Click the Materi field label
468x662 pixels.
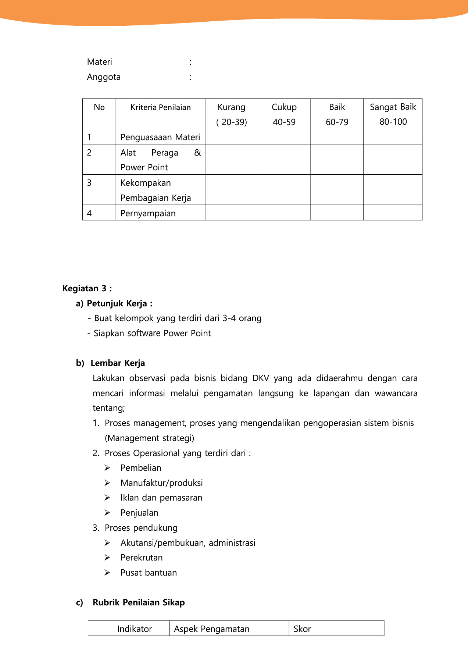99,62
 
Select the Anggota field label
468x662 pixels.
104,77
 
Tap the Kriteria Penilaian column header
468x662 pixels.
160,107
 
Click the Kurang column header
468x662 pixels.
231,107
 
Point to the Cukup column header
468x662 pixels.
284,107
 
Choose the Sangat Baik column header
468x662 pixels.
393,107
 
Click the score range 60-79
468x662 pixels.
337,122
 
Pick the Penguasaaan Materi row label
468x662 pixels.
160,137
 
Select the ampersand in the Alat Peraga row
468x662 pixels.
197,152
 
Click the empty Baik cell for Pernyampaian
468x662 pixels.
337,213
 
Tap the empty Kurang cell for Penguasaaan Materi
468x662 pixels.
231,137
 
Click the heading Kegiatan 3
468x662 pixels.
87,288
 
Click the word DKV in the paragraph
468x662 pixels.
261,378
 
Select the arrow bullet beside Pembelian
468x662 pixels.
107,468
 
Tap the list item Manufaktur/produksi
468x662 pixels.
161,483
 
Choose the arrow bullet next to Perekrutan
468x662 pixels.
107,558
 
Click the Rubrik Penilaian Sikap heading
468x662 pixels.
139,602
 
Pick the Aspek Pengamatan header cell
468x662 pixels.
212,629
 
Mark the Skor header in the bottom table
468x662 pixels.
302,629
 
